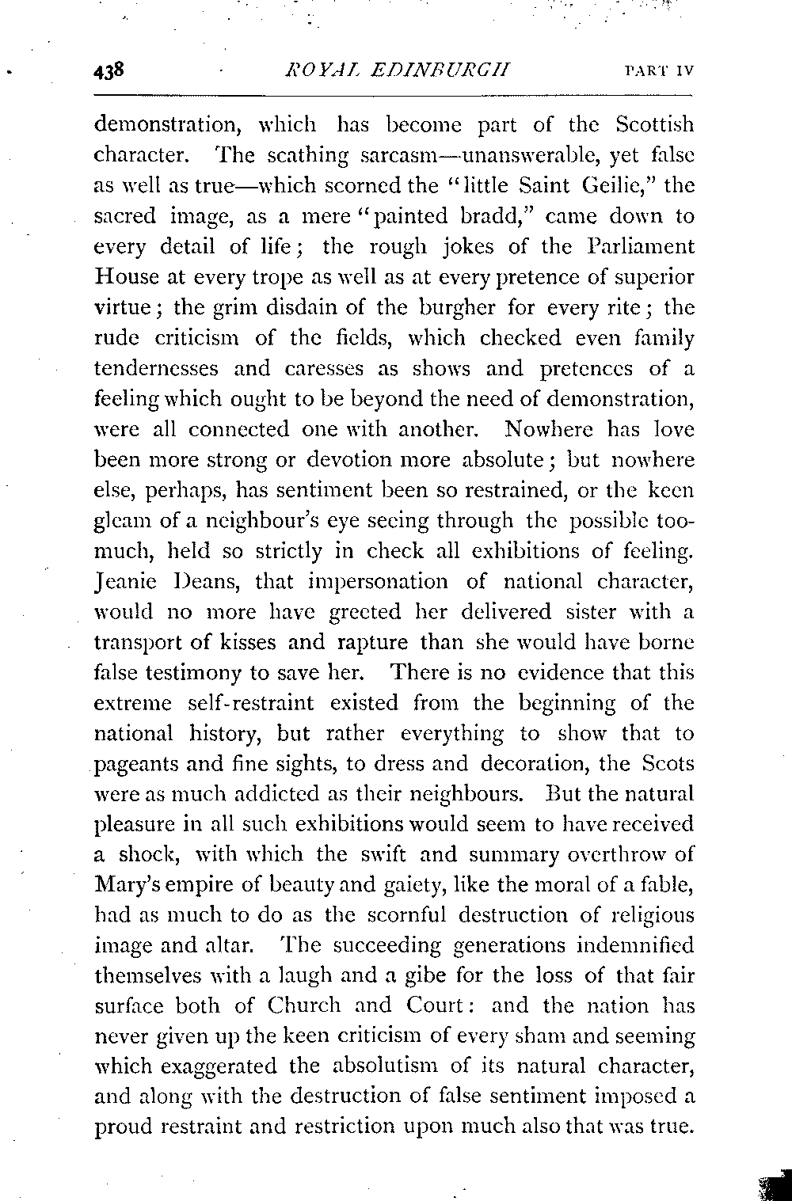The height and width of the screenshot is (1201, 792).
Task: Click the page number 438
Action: (110, 70)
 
